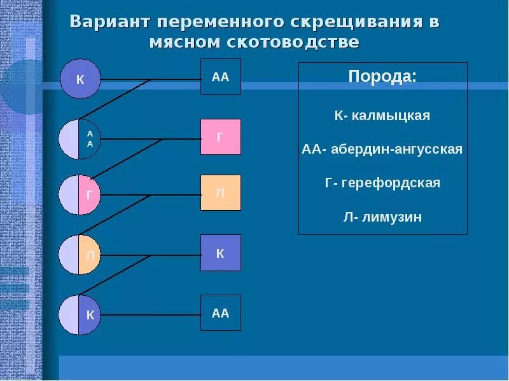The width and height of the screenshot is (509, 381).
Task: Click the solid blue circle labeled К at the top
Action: click(80, 79)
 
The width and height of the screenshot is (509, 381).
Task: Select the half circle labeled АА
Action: click(80, 138)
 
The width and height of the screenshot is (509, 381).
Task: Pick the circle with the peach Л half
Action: click(80, 255)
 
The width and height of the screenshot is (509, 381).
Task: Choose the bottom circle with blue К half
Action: click(80, 314)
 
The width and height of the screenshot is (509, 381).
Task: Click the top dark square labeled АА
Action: click(220, 77)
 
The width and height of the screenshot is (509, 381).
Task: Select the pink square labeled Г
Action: click(220, 137)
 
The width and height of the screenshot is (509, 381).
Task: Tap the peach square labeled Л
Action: click(220, 192)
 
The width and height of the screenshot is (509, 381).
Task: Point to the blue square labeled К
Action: click(220, 253)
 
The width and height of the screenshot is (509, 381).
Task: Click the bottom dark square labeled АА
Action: click(220, 312)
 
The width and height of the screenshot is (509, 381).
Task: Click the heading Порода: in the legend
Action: click(382, 77)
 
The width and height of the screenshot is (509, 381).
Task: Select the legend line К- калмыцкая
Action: click(382, 116)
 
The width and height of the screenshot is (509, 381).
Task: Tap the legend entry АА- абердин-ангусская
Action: click(382, 150)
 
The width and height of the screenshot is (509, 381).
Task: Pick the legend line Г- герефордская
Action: click(382, 183)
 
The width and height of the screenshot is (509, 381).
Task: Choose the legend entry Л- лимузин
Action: click(382, 217)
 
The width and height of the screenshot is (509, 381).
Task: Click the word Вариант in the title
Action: click(110, 21)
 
